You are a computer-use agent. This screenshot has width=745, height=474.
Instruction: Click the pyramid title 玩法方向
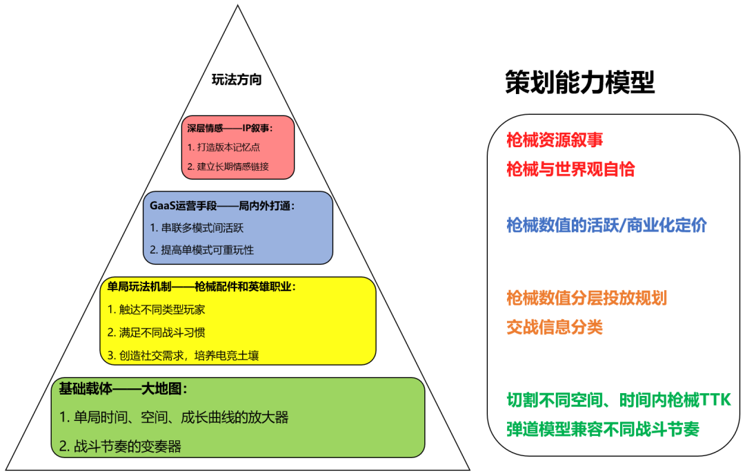[237, 79]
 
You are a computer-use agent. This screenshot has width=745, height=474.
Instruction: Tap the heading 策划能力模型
[579, 82]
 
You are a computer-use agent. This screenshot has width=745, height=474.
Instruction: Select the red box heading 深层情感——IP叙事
[230, 128]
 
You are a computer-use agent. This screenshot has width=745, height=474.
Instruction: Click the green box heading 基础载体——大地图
[123, 388]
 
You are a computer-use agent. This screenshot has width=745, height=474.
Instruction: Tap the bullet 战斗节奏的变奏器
[120, 446]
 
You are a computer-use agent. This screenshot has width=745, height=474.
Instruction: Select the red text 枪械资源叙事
[555, 140]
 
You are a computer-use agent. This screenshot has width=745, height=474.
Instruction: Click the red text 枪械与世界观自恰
[570, 169]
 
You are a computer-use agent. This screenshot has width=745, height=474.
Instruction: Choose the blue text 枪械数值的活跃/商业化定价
[606, 225]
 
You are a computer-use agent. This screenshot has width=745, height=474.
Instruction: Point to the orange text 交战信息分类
[555, 326]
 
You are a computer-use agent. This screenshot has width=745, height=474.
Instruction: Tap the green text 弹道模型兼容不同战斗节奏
[603, 429]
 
